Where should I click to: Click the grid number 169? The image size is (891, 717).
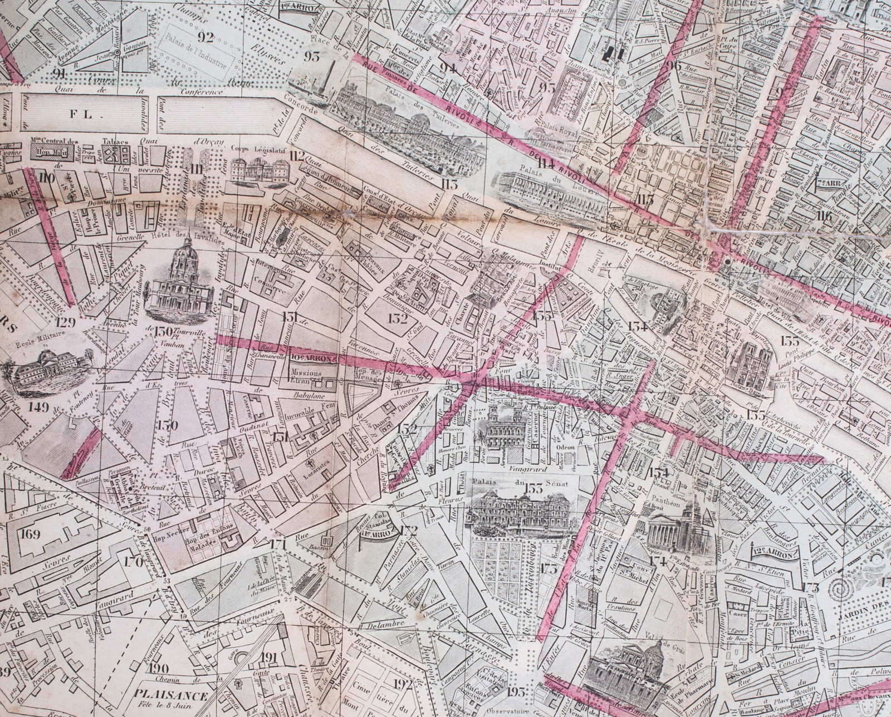[x=29, y=535]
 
